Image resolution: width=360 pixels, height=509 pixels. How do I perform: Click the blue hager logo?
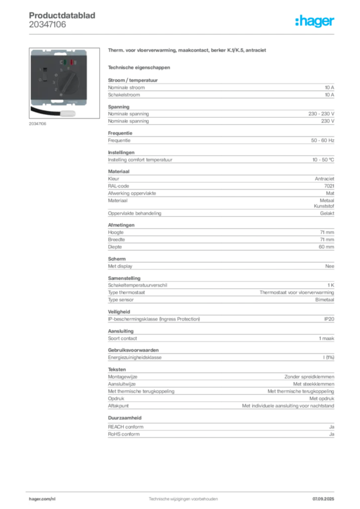(x=315, y=22)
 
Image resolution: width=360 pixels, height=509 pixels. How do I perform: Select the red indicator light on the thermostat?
(x=72, y=63)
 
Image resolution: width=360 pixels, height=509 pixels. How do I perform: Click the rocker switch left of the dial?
(x=45, y=75)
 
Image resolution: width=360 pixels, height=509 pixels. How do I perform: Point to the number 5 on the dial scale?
(x=61, y=70)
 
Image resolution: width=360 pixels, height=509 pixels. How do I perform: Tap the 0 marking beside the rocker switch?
(x=39, y=80)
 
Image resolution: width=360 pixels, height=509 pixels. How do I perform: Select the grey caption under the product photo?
(x=38, y=124)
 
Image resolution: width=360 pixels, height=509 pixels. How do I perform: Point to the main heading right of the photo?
(x=189, y=51)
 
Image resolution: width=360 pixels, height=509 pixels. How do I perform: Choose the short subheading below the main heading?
(x=139, y=67)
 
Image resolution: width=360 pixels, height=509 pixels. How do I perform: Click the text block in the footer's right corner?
(x=326, y=497)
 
